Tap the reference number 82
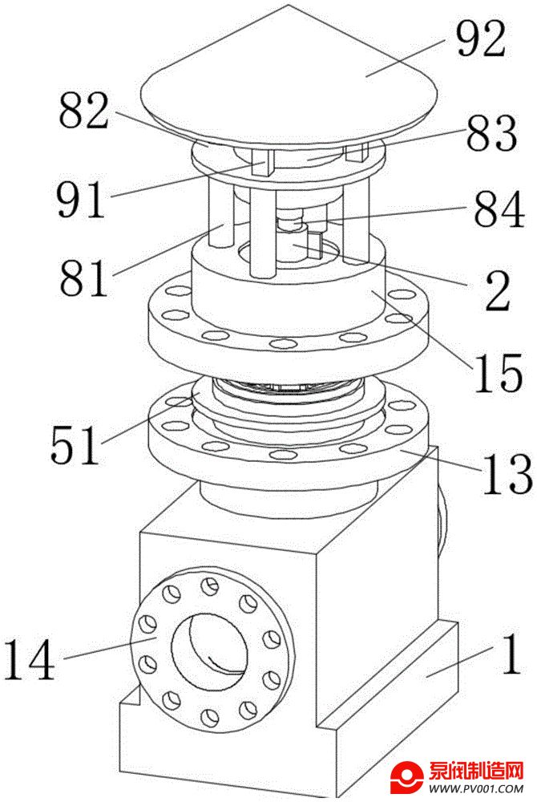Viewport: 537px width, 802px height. coord(84,110)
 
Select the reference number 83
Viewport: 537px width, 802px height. coord(491,133)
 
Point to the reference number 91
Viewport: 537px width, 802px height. coord(81,198)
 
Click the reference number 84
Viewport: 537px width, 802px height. coord(499,209)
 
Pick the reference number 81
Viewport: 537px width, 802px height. coord(84,277)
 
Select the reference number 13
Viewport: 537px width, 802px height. coord(507,475)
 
